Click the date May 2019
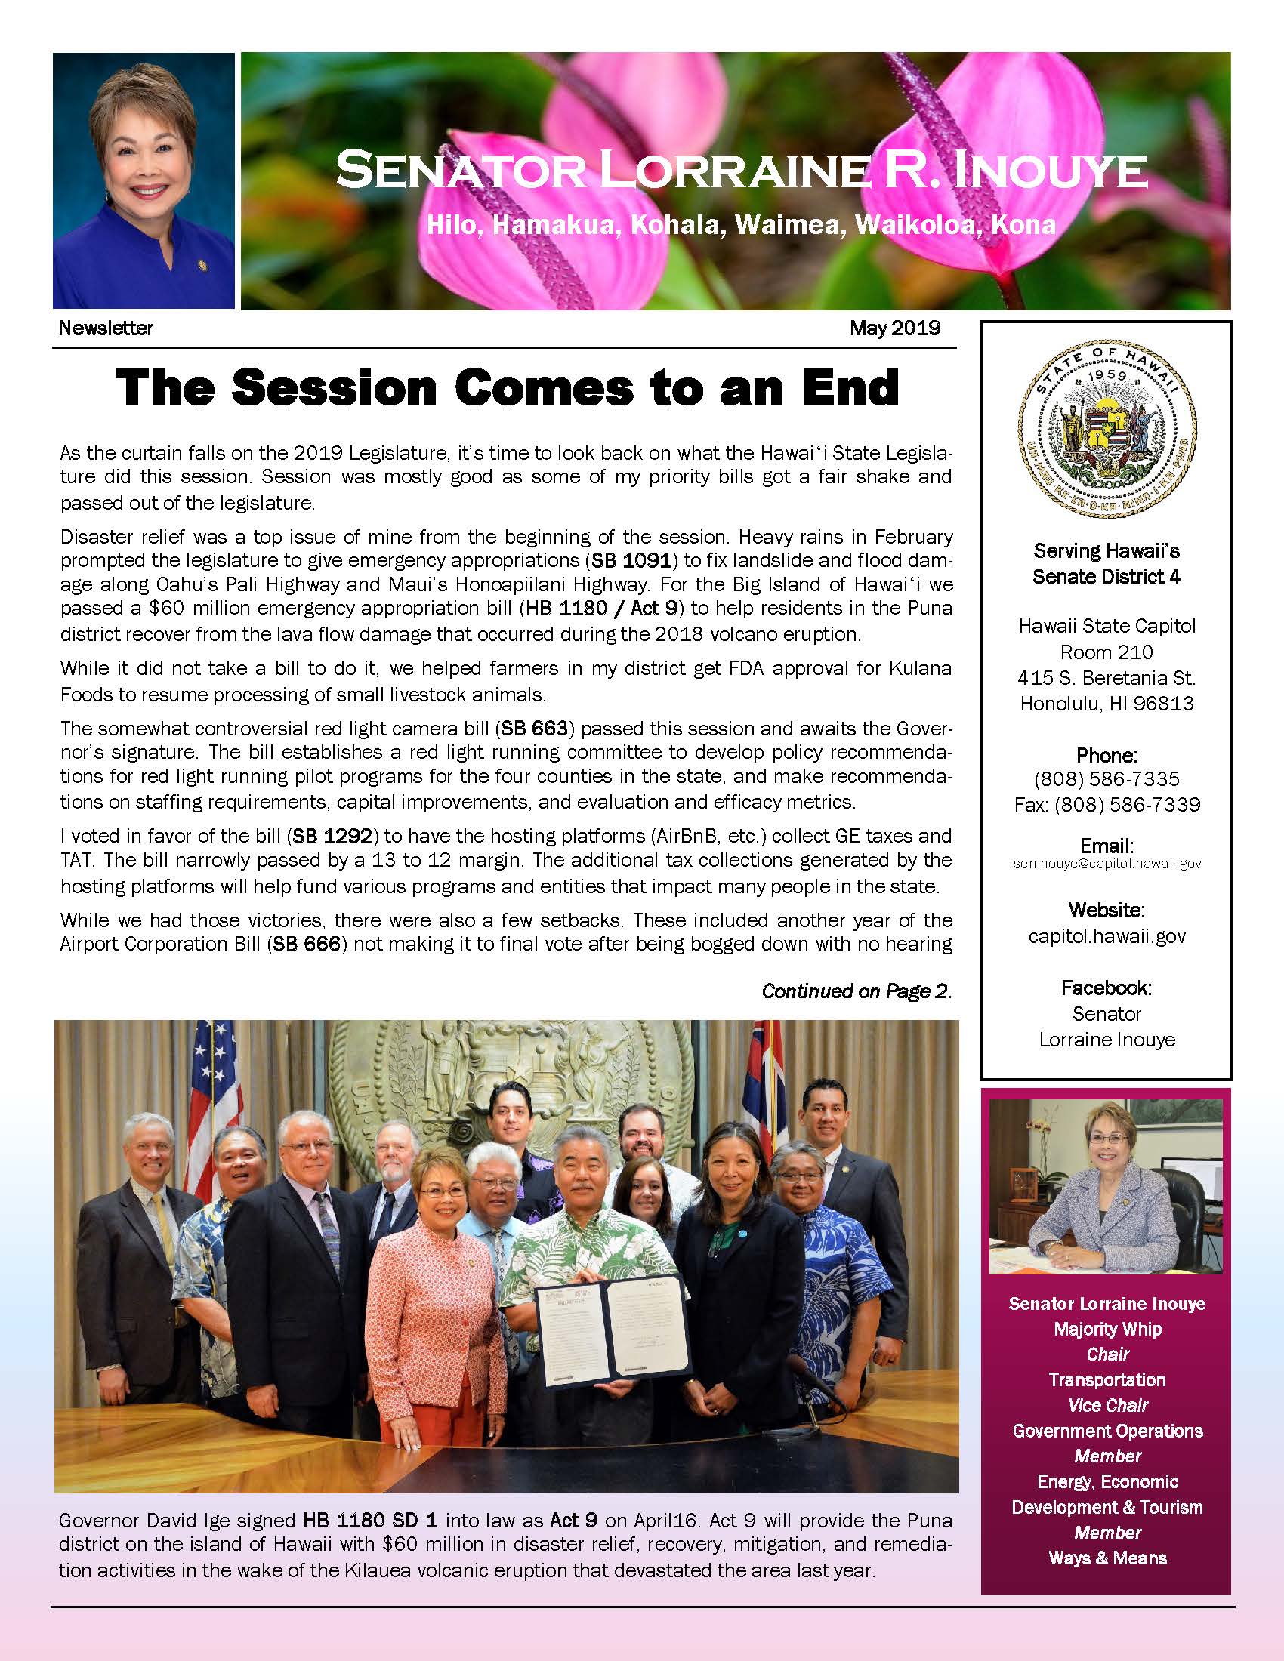point(894,328)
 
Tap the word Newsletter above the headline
point(106,328)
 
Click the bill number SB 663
point(534,729)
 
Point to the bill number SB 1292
point(332,836)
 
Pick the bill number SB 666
point(305,944)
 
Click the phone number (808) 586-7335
point(1107,779)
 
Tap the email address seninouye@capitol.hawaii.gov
point(1107,864)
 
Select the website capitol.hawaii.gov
point(1107,936)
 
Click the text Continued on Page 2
point(857,991)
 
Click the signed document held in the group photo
point(612,1331)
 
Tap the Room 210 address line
point(1107,652)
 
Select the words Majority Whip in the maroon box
point(1107,1329)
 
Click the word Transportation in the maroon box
point(1107,1379)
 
